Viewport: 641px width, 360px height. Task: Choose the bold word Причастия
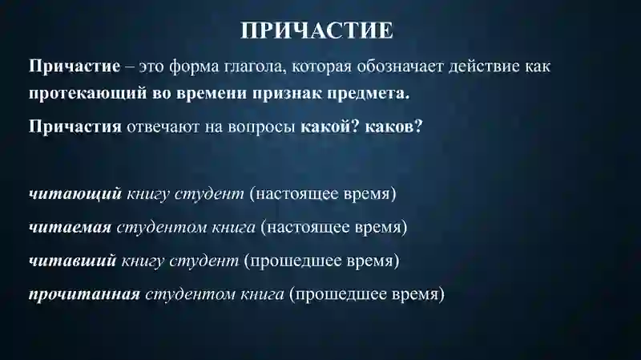click(x=75, y=127)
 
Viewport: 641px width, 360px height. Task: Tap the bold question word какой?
click(x=329, y=127)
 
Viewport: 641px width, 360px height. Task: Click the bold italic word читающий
click(x=75, y=194)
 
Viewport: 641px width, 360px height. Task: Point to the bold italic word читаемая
click(x=70, y=227)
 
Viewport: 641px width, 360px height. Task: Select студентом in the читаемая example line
click(x=153, y=227)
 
